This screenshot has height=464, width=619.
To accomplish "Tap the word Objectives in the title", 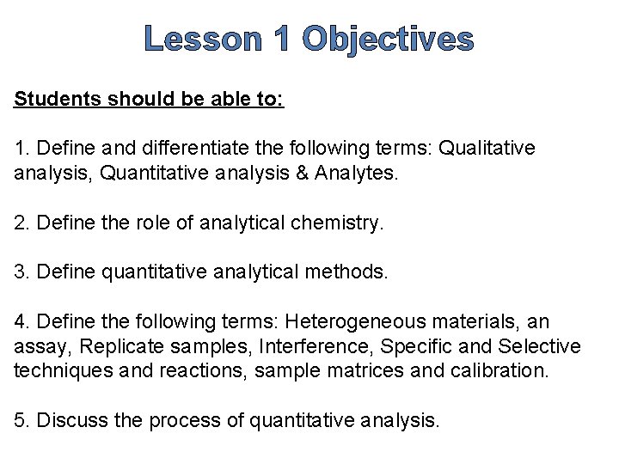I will (x=389, y=40).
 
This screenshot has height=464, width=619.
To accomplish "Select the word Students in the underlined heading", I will (x=56, y=99).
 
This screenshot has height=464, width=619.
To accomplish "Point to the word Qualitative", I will (x=487, y=149).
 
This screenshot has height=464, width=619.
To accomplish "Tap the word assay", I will (x=40, y=347).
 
